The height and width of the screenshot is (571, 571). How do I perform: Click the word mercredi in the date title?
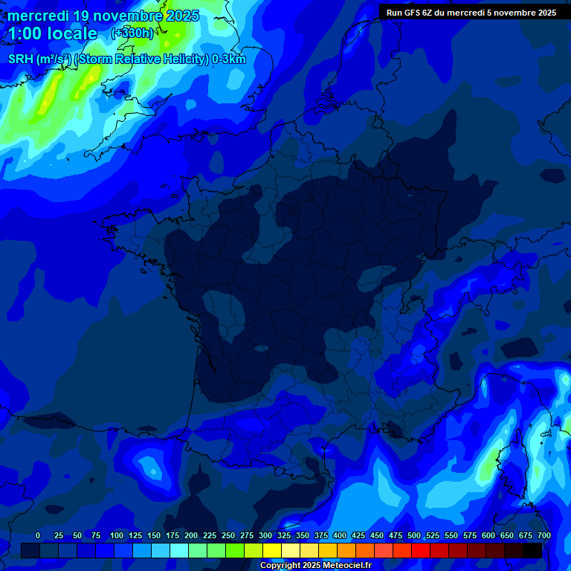pos(39,16)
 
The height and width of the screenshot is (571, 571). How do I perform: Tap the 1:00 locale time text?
pos(53,33)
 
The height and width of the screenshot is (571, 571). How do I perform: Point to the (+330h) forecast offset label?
pos(132,33)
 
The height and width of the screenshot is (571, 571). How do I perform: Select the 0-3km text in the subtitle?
pos(228,59)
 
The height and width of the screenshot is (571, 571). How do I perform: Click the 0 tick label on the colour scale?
pos(38,535)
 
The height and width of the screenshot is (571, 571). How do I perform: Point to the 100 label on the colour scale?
pos(117,535)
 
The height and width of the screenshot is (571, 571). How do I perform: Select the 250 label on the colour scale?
pos(228,535)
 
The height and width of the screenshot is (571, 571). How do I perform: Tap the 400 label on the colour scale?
pos(340,535)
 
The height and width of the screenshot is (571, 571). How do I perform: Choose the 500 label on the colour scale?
pos(414,535)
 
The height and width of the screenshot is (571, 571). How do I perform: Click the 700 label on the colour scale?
pos(544,535)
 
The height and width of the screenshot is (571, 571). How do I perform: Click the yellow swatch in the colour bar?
pos(272,550)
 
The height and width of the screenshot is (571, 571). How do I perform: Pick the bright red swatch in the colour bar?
pos(421,550)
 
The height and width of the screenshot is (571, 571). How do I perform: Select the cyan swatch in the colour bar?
pos(179,550)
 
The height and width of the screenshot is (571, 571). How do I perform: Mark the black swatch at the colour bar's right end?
pos(532,550)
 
